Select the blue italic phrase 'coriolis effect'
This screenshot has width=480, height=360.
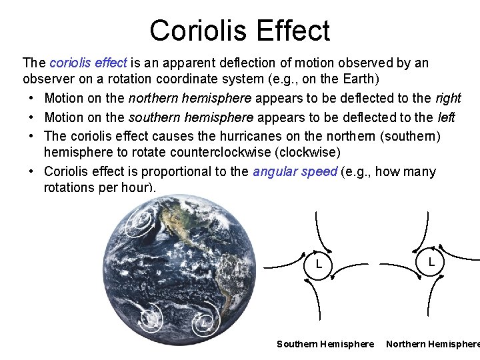88,63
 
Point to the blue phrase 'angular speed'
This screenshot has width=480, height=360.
295,172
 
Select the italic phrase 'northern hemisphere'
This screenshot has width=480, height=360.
190,98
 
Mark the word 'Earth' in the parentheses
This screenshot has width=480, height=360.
363,79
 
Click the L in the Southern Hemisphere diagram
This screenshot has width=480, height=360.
319,265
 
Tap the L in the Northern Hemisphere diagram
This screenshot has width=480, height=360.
432,262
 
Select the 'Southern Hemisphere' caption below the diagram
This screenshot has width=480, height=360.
325,344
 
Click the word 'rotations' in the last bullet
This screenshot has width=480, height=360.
71,188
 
